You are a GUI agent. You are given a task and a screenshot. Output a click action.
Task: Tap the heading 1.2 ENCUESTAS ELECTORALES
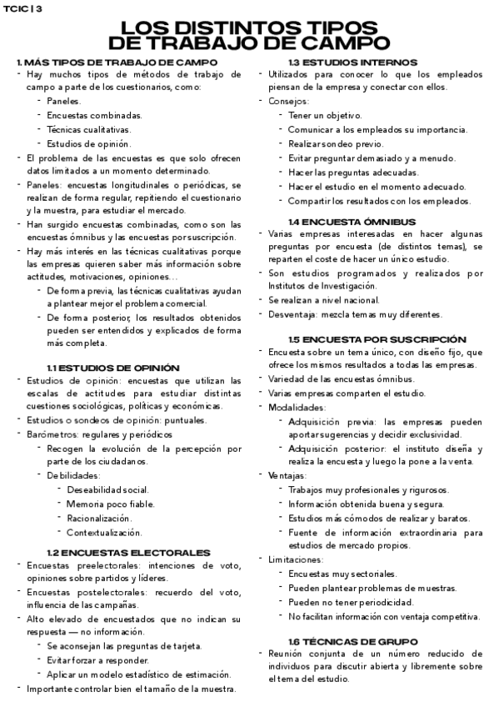(127, 552)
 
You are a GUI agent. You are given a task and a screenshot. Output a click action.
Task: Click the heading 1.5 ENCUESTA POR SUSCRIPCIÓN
(377, 339)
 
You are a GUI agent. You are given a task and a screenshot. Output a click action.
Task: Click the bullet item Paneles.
(65, 101)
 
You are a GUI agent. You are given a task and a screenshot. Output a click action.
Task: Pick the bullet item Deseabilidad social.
(107, 489)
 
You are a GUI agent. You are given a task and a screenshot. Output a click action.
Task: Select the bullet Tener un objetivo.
(324, 115)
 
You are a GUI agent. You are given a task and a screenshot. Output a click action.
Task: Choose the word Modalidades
(297, 408)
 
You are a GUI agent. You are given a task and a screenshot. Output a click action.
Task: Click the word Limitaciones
(295, 559)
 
